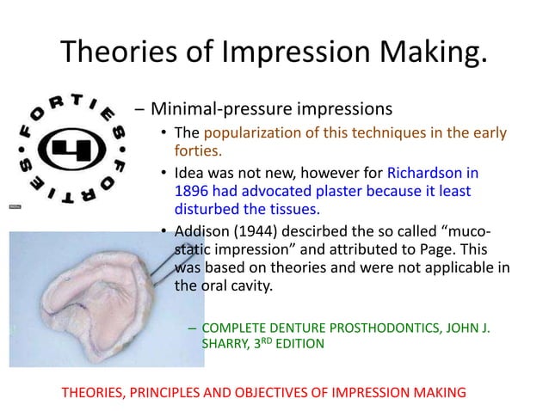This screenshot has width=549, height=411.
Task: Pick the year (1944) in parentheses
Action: [x=261, y=230]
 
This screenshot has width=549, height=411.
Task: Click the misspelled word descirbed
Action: [x=327, y=230]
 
